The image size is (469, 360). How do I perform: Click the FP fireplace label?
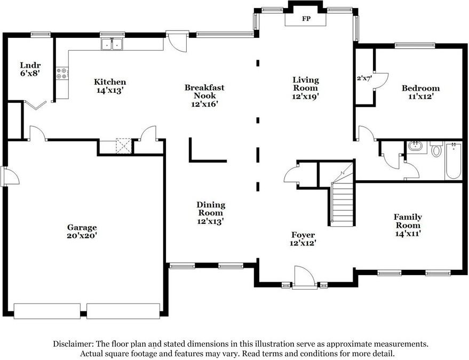point(306,19)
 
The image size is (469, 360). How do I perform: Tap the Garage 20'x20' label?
point(82,231)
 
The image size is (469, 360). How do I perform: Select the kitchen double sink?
point(112,44)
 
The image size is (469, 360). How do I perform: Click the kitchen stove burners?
point(61,73)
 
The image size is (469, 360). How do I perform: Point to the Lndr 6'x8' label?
point(30,69)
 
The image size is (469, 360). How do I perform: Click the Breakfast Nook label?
point(204,95)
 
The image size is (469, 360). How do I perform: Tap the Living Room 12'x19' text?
point(305,88)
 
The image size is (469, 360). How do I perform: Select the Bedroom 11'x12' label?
point(420,92)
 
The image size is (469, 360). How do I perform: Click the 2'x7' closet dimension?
point(364,78)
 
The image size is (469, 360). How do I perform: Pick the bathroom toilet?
point(436,149)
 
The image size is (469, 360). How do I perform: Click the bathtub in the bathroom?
point(453,161)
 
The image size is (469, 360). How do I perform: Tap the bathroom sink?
point(415,147)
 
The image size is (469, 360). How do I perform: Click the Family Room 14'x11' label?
point(408,225)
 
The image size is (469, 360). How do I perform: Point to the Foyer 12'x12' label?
point(303,239)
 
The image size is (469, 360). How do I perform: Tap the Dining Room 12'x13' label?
point(211,213)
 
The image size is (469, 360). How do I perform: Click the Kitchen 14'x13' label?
point(110,86)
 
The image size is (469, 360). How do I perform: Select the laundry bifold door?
point(35,105)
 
